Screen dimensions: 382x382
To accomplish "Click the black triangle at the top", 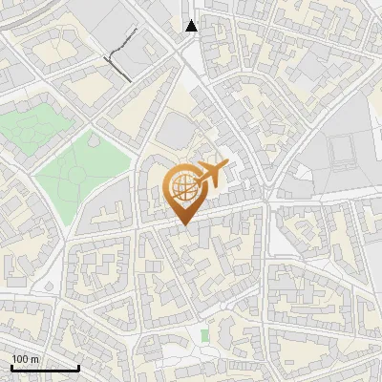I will pos(192,26).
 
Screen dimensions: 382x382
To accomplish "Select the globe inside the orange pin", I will pos(185,187).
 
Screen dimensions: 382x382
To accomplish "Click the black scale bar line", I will pos(45,368).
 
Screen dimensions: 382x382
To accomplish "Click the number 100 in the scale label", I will pos(20,359).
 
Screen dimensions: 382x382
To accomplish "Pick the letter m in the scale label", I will pos(35,359).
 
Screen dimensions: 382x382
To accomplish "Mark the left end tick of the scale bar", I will pos(11,366).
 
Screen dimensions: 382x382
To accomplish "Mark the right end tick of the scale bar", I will pos(78,366).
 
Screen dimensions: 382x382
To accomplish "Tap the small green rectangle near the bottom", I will pos(204,335).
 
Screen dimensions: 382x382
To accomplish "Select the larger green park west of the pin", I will pos(81,172).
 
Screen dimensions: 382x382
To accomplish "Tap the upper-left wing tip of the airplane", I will pos(202,163).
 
